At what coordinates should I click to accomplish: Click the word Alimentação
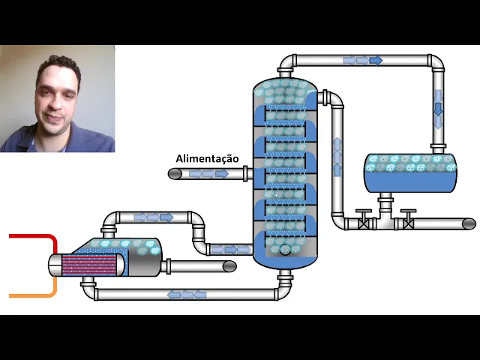pyautogui.click(x=207, y=158)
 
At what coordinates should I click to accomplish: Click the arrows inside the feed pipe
pyautogui.click(x=208, y=174)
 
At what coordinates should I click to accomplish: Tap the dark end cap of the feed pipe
pyautogui.click(x=174, y=174)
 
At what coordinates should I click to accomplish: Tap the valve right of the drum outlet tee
pyautogui.click(x=408, y=223)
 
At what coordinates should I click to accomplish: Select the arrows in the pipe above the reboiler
pyautogui.click(x=153, y=217)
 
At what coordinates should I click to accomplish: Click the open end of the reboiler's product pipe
pyautogui.click(x=229, y=266)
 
